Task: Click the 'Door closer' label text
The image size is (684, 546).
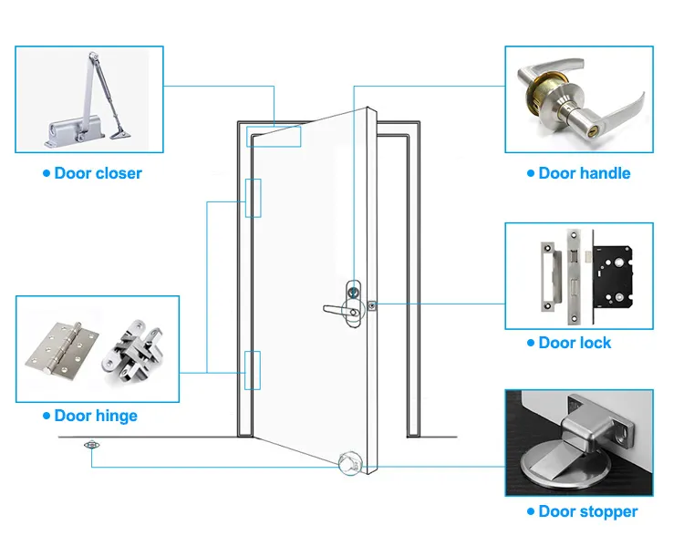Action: click(98, 173)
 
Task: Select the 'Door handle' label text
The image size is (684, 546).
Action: click(584, 173)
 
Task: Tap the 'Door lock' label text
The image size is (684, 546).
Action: click(575, 343)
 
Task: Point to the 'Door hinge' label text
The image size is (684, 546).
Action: click(96, 416)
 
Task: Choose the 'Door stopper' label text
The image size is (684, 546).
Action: click(588, 511)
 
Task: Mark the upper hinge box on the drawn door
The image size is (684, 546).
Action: click(253, 198)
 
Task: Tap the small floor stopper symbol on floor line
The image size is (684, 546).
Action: click(90, 446)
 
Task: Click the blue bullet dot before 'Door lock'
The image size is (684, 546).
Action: click(531, 343)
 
